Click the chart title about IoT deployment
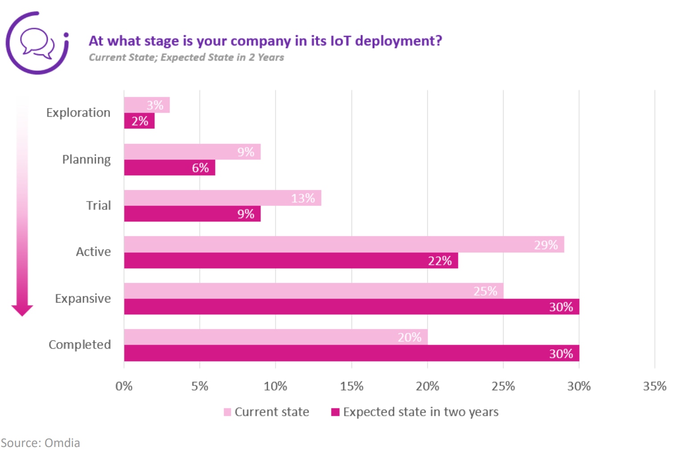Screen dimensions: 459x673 [x=265, y=41]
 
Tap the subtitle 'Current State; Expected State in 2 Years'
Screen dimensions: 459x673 [x=186, y=57]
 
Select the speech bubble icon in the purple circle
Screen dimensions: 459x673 [x=37, y=43]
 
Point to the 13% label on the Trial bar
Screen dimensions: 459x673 [x=303, y=198]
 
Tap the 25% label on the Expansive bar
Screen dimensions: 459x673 [x=485, y=291]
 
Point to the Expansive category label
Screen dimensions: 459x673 [x=83, y=299]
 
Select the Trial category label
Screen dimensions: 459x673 [x=98, y=205]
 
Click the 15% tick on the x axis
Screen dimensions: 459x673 [x=352, y=386]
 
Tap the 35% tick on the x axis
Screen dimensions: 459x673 [x=654, y=386]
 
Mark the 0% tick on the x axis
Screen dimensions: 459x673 [x=124, y=386]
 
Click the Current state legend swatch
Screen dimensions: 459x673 [x=227, y=412]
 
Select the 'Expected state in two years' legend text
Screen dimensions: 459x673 [x=421, y=412]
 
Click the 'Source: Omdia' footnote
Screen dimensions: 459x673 [x=41, y=443]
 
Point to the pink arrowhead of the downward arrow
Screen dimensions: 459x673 [x=22, y=310]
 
